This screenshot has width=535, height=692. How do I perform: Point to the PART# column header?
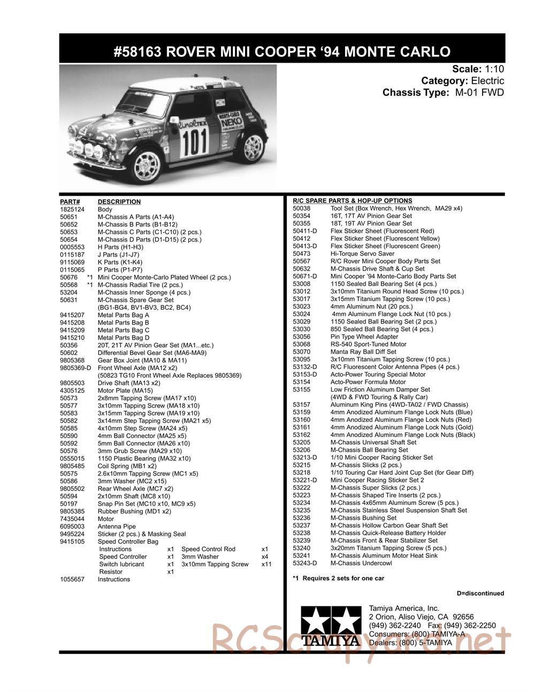click(x=70, y=202)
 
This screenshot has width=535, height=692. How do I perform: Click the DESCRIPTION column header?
click(x=119, y=202)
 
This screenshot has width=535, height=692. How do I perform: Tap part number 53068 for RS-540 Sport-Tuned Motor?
click(x=302, y=344)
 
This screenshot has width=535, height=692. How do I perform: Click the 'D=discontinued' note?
click(x=480, y=593)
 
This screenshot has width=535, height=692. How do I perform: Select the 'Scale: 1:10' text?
click(x=478, y=69)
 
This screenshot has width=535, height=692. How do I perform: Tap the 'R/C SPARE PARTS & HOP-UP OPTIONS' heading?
click(x=353, y=201)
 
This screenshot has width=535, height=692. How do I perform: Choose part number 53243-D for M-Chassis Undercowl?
click(x=305, y=563)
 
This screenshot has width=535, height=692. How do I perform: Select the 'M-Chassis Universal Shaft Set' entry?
click(x=373, y=442)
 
